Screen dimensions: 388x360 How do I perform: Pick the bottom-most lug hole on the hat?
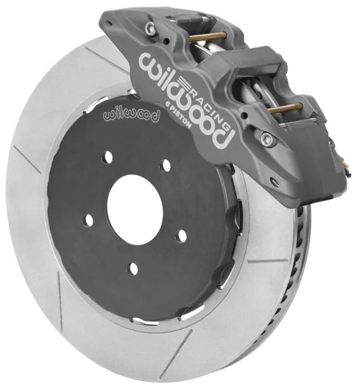click(x=133, y=268)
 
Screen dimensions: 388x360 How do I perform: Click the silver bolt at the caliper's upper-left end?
click(x=150, y=27)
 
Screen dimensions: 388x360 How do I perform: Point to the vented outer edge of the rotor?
click(x=304, y=272)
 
